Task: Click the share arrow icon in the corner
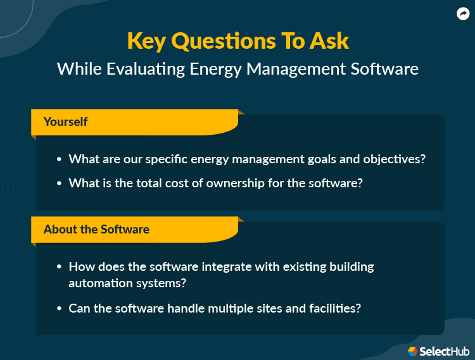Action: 462,14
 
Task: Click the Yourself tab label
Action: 65,121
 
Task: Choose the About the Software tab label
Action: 96,229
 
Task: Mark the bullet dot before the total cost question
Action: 59,183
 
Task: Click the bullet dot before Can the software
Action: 59,309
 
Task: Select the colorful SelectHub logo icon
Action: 412,351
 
